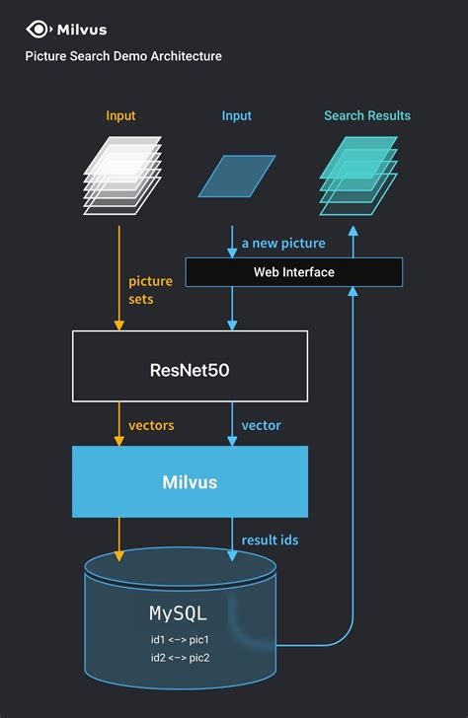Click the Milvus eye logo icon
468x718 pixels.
[39, 29]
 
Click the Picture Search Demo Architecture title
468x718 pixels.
[123, 56]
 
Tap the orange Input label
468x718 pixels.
[120, 115]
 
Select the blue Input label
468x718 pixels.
[237, 115]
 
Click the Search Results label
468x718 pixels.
[367, 115]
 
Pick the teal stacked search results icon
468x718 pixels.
[357, 172]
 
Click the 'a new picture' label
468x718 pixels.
[284, 243]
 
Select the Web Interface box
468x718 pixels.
[294, 271]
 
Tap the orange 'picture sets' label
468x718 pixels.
[150, 290]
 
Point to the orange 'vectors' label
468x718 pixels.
[151, 425]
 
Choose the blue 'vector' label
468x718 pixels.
[261, 425]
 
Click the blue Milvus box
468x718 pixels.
[190, 481]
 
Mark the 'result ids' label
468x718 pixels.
[270, 539]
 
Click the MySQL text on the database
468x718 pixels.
[179, 612]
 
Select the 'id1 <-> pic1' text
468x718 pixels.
[180, 639]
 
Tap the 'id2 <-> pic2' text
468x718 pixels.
[180, 657]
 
